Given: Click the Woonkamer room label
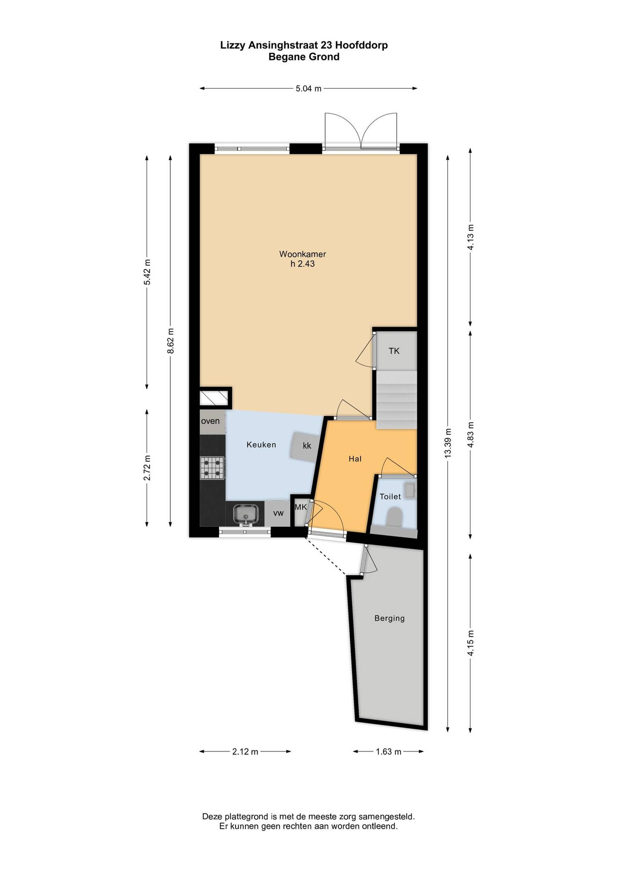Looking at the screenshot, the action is pos(302,254).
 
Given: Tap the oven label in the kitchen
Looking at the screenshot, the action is pos(210,421).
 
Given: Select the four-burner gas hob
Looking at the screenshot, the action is pos(212,468).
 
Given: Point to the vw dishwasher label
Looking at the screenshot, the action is pos(279,513).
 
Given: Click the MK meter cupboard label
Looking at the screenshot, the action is pos(300,507).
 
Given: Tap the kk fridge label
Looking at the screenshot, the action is pos(307,445).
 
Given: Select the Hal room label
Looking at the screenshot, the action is pos(355,459).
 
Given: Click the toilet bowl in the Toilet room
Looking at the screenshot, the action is pos(394,518).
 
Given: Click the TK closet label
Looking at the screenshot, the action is pos(394,351).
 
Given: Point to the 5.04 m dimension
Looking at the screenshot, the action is pos(308,89).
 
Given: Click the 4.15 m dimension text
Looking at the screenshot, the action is pos(471,643).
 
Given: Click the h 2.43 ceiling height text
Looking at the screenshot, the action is pos(302,264).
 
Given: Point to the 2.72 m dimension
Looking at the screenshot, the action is pos(147,468).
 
